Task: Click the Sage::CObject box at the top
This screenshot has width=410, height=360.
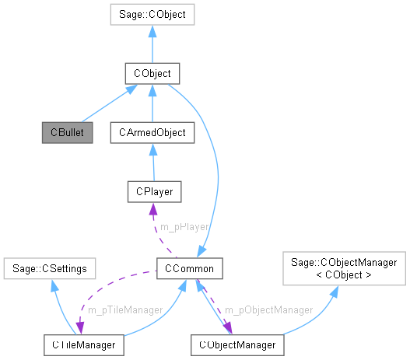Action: pyautogui.click(x=152, y=14)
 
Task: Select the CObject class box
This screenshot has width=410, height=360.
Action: pyautogui.click(x=152, y=74)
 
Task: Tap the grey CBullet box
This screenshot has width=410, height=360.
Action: pyautogui.click(x=67, y=132)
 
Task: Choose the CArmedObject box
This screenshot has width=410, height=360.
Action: pyautogui.click(x=152, y=132)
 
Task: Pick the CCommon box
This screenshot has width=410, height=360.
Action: pyautogui.click(x=191, y=269)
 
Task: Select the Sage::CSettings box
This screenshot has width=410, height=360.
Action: pyautogui.click(x=49, y=269)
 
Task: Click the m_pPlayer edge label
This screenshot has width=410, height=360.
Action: pyautogui.click(x=184, y=226)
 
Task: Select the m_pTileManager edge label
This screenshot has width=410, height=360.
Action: pyautogui.click(x=124, y=309)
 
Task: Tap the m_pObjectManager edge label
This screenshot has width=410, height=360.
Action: pyautogui.click(x=268, y=309)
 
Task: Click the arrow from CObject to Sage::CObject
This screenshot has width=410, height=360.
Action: pyautogui.click(x=152, y=44)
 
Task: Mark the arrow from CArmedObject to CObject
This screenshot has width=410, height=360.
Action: pyautogui.click(x=152, y=103)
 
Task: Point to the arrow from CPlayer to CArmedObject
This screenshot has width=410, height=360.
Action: pyautogui.click(x=153, y=162)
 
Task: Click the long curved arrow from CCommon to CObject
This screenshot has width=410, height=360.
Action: pyautogui.click(x=217, y=171)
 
